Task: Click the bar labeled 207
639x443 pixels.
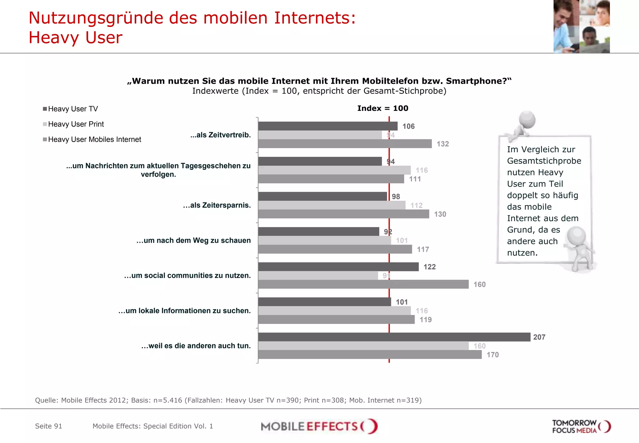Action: (394, 337)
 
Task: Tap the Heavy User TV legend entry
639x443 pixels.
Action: (71, 109)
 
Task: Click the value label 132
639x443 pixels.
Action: (442, 144)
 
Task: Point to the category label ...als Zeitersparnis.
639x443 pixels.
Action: (217, 205)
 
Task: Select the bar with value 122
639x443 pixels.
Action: (338, 266)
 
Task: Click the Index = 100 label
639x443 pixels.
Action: (383, 108)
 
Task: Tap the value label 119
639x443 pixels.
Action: (425, 320)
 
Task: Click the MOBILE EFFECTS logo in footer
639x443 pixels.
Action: (319, 426)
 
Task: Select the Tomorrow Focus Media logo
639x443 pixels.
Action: (581, 426)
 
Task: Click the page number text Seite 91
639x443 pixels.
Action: (49, 426)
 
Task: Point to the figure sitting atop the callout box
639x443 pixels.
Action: (523, 125)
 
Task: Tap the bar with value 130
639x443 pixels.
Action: (343, 214)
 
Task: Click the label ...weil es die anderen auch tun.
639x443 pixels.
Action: (196, 346)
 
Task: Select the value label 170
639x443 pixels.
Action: (492, 355)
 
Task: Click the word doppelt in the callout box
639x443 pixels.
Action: (522, 195)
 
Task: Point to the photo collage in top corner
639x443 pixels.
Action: (581, 26)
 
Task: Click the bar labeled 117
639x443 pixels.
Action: (335, 249)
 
